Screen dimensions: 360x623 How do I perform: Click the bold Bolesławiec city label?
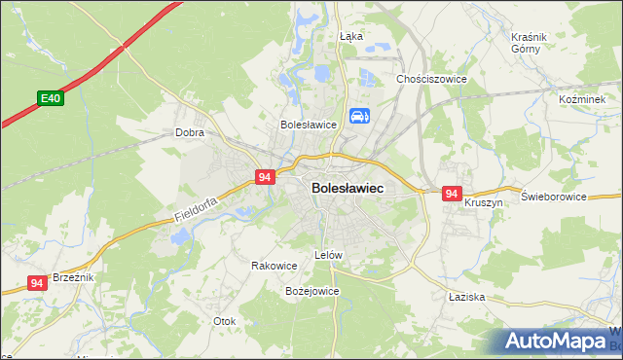[348, 188]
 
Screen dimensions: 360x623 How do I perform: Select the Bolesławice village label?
[308, 125]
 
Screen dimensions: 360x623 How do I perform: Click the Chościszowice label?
[432, 79]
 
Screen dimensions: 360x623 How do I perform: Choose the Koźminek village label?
[583, 99]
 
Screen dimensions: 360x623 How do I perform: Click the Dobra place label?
[188, 132]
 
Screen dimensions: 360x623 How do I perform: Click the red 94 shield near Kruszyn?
[451, 195]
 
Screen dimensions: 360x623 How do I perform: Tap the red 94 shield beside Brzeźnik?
[37, 283]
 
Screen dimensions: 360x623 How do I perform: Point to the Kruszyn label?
[483, 203]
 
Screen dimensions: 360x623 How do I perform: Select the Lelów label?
[329, 255]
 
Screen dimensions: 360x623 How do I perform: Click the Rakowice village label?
[274, 265]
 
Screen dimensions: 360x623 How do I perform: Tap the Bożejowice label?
[311, 291]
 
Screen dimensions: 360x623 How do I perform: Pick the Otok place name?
[225, 320]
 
